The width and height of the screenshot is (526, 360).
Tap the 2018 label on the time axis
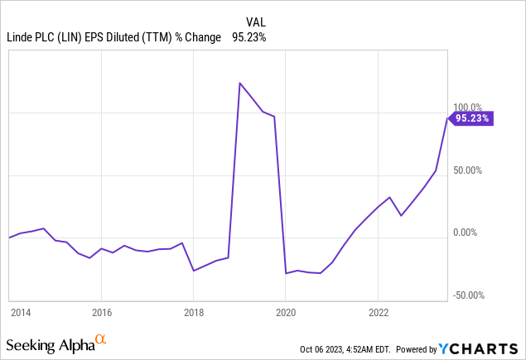tap(193, 313)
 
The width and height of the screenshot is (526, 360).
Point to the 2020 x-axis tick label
tap(285, 313)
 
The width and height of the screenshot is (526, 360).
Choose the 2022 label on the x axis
tap(378, 313)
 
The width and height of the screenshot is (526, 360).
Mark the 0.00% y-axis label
tap(467, 233)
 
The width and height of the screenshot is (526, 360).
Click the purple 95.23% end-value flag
tap(473, 118)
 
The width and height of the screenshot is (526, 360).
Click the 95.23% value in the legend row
tap(249, 36)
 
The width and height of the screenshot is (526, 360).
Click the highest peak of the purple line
tap(239, 83)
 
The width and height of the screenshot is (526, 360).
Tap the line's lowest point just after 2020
tap(286, 273)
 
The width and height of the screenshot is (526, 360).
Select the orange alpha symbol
tap(101, 339)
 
